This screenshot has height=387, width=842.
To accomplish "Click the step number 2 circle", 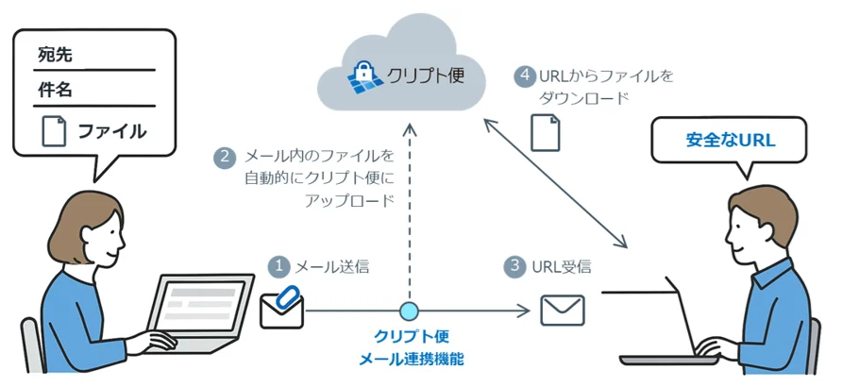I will click(224, 157).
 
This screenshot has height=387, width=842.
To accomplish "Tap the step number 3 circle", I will click(514, 266).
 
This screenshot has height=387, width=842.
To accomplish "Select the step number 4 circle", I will click(525, 76).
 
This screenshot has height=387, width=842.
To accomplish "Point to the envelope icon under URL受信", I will click(563, 309).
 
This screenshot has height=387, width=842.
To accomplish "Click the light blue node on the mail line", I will click(409, 310).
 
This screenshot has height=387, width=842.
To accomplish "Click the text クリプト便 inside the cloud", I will click(426, 76).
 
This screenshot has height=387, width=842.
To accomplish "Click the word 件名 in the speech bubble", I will click(56, 91).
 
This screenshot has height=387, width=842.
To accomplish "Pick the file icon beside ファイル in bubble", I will click(53, 130).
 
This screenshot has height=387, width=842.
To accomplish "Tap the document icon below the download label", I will click(545, 131).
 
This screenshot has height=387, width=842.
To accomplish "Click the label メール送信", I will click(331, 267).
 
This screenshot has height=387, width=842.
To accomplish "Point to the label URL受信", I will click(561, 266).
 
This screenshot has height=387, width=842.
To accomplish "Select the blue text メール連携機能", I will click(412, 359).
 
